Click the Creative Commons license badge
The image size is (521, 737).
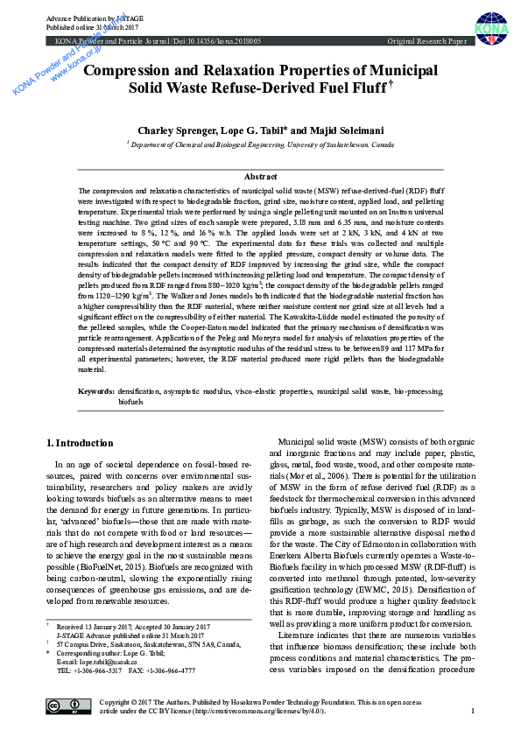click(x=67, y=706)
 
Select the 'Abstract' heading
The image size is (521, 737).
click(x=260, y=177)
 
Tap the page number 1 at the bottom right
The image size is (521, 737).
click(x=473, y=711)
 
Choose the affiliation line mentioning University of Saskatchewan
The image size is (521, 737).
click(x=260, y=145)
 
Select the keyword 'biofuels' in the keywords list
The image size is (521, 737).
click(x=130, y=401)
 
